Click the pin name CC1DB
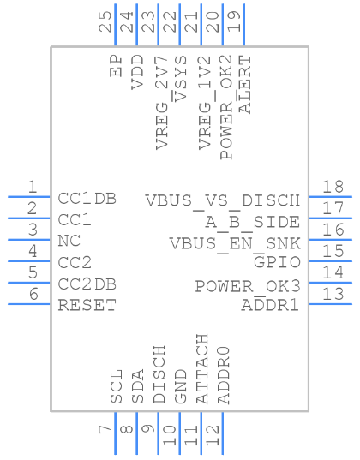click(87, 199)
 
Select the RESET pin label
click(87, 305)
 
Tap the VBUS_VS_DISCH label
click(223, 200)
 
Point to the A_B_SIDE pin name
click(254, 222)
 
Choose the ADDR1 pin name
click(271, 305)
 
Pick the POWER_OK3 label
click(248, 285)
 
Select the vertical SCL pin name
click(117, 385)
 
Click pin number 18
click(333, 188)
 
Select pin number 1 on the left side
click(32, 188)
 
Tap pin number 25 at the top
click(105, 21)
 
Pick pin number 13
click(333, 294)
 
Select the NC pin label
click(69, 241)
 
